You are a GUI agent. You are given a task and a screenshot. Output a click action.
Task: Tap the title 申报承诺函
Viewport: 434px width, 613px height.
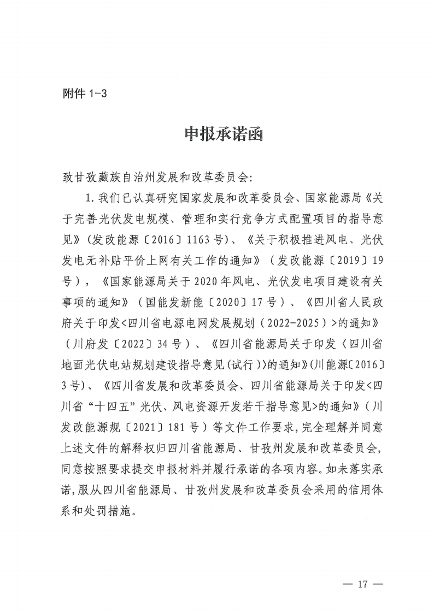click(x=216, y=134)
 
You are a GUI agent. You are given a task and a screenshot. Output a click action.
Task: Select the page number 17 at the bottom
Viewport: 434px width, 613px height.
click(x=361, y=585)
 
